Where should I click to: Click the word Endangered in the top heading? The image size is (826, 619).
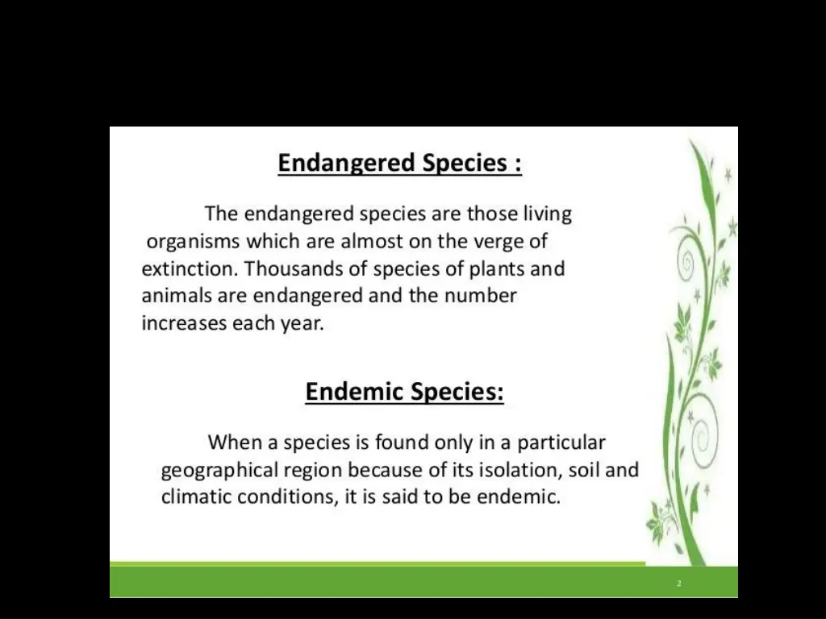pos(347,164)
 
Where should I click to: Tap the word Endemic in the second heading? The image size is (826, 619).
pos(355,393)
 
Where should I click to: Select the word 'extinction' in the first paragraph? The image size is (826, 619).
pos(190,268)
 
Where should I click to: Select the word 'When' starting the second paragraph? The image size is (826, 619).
pos(233,442)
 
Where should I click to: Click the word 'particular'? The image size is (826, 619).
pos(561,442)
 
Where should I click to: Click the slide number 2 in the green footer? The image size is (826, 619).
pos(679,583)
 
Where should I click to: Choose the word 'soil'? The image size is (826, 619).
pos(584,469)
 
